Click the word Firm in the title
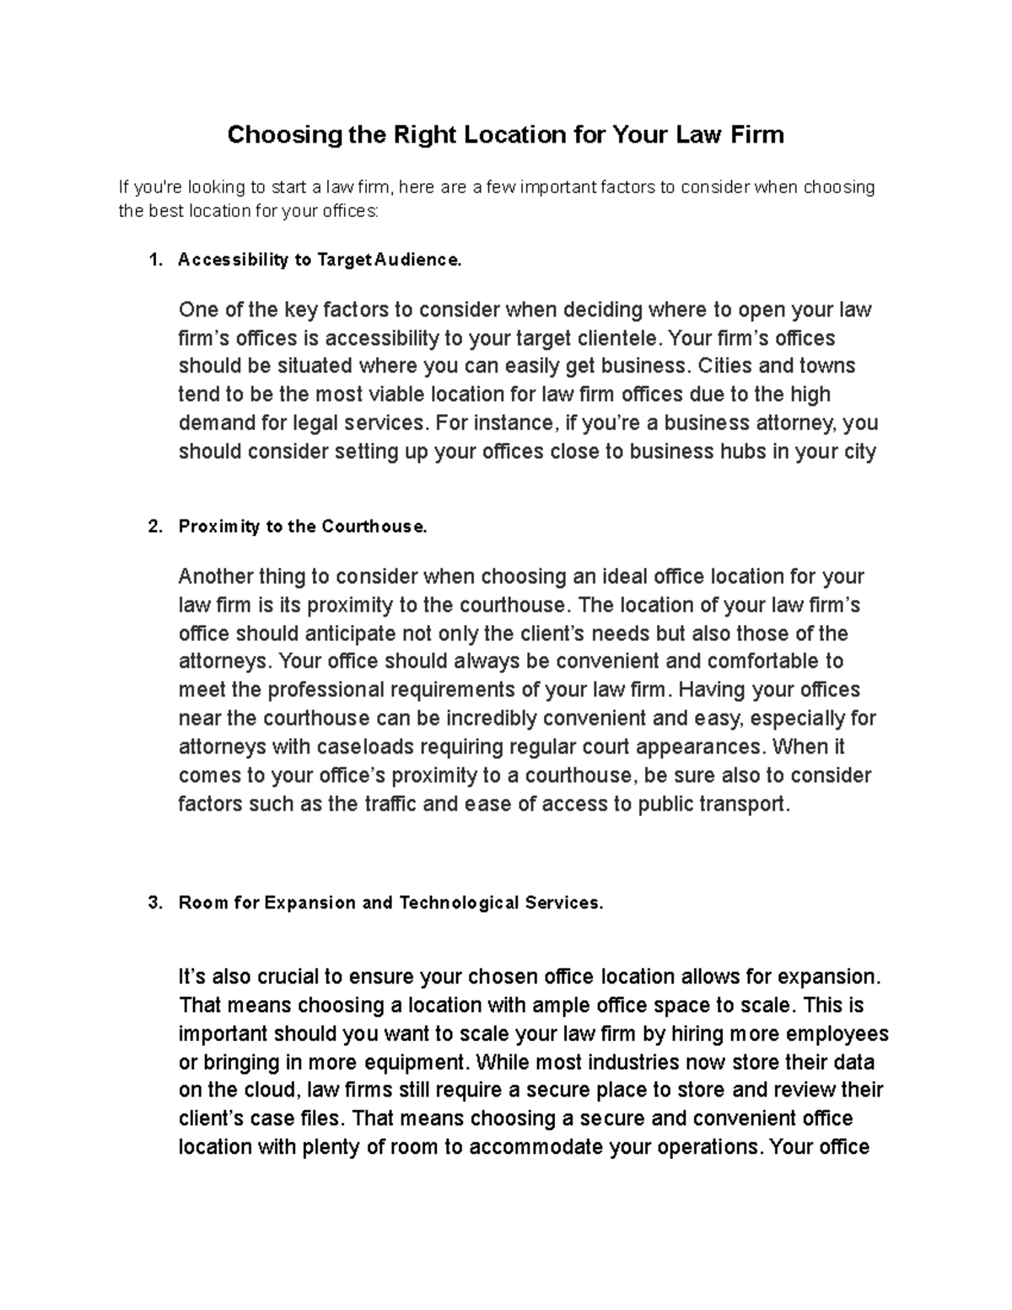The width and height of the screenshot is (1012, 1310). pyautogui.click(x=757, y=134)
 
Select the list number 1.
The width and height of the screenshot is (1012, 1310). pyautogui.click(x=153, y=261)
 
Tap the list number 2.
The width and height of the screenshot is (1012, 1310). pyautogui.click(x=153, y=527)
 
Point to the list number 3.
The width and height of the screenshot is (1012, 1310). pyautogui.click(x=153, y=903)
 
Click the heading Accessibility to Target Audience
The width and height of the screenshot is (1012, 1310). pyautogui.click(x=320, y=261)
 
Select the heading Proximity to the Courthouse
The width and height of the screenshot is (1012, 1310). pyautogui.click(x=303, y=527)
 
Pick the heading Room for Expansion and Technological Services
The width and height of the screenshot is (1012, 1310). pyautogui.click(x=390, y=903)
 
